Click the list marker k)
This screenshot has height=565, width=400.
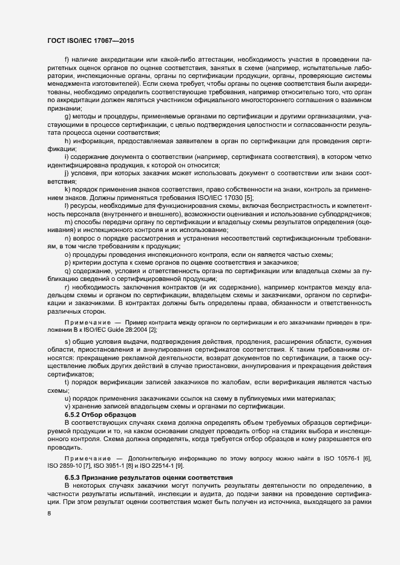click(67, 190)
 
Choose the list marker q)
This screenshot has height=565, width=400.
click(67, 271)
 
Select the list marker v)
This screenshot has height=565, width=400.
click(67, 406)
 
